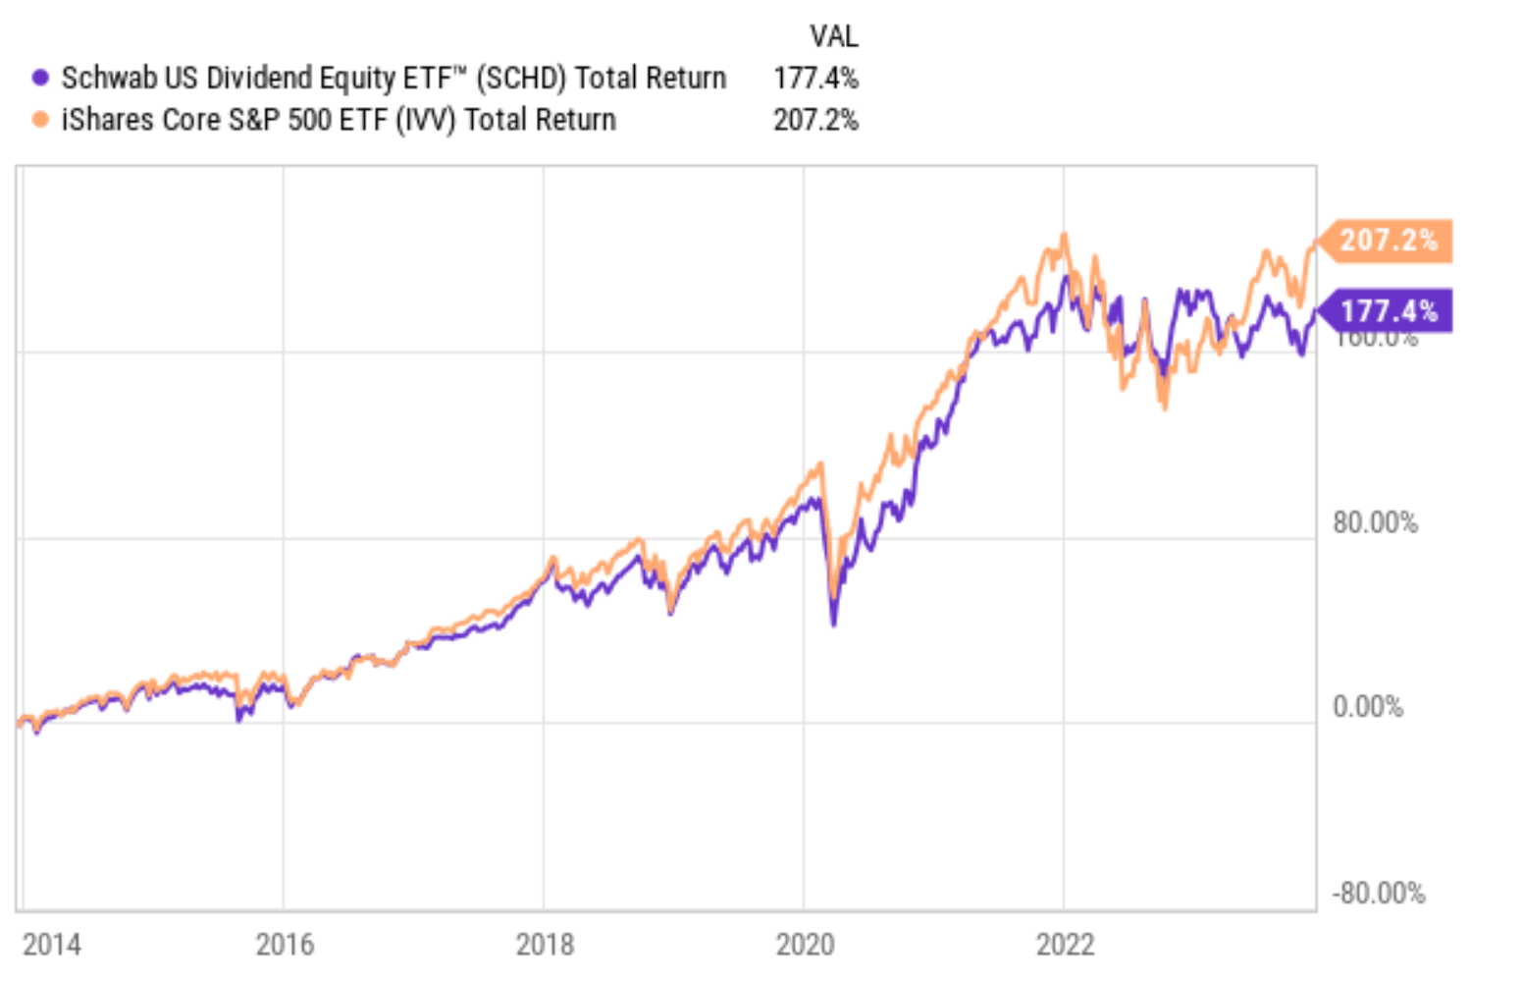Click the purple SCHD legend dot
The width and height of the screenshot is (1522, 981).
tap(40, 78)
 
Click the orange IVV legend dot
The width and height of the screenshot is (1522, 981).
tap(40, 120)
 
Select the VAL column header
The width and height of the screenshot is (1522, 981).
tap(833, 36)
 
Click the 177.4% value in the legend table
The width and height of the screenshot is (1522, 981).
tap(815, 78)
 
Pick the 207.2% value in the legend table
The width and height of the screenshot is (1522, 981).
tap(815, 120)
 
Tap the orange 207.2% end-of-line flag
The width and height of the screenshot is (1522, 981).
tap(1387, 241)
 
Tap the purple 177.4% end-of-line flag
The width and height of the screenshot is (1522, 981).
tap(1387, 312)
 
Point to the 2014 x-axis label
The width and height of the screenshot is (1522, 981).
tap(52, 945)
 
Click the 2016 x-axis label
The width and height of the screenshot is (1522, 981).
tap(285, 945)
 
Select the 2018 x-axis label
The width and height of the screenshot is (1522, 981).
tap(545, 945)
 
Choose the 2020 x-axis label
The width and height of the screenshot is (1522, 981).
tap(805, 945)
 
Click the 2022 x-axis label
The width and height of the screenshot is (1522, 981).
tap(1065, 945)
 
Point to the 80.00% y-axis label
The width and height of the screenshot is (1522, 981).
tap(1375, 522)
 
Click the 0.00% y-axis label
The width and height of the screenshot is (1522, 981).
tap(1368, 707)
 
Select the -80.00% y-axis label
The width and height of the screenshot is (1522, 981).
tap(1378, 894)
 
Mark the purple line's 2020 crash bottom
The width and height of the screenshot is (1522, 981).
tap(834, 623)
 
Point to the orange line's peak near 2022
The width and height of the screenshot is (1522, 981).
tap(1064, 236)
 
